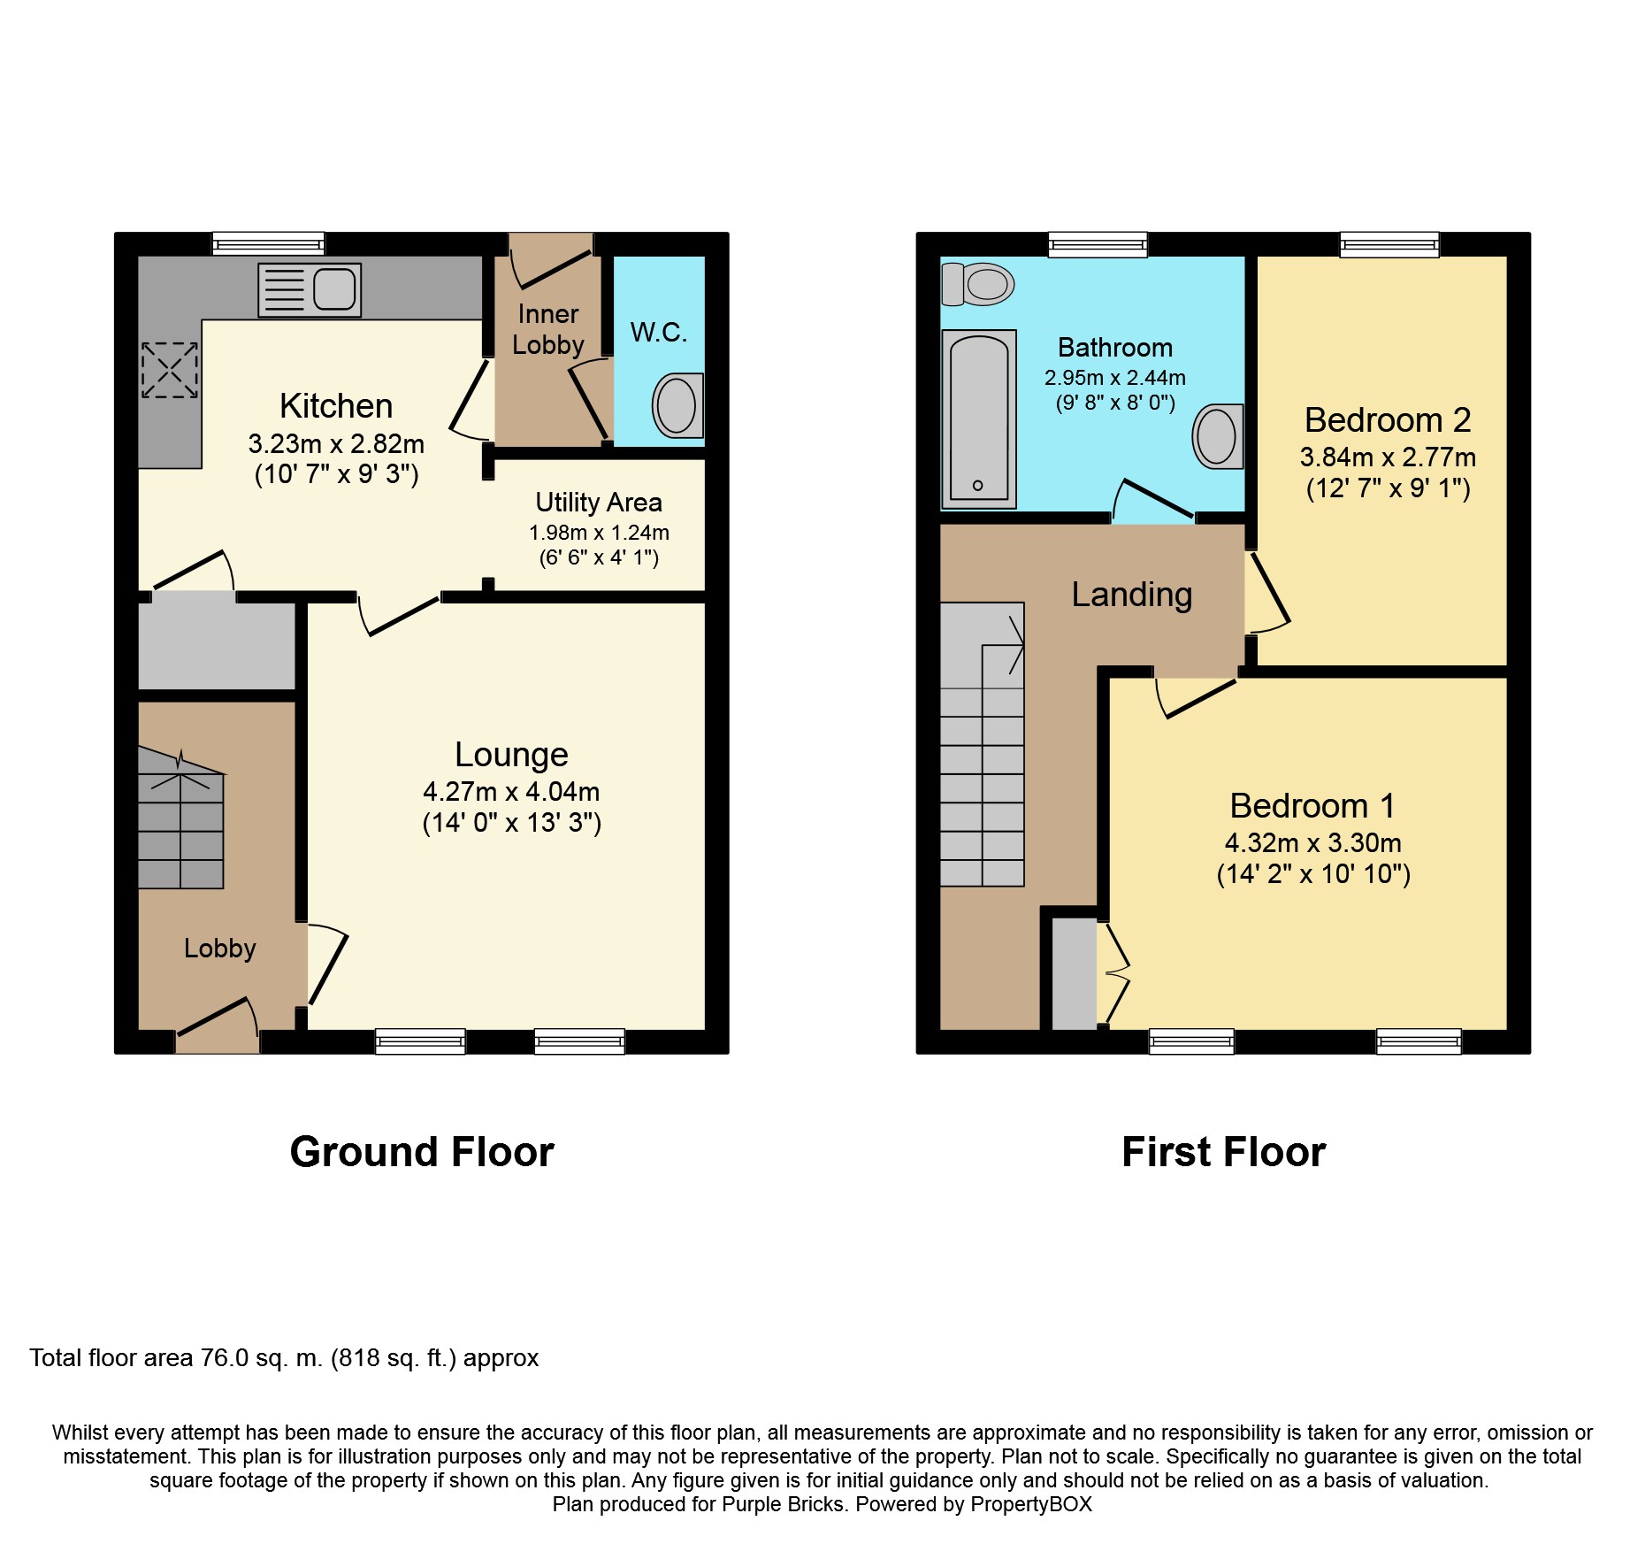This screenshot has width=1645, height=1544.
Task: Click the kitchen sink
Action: click(x=310, y=289)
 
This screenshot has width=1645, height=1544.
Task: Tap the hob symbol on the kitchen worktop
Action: click(x=170, y=370)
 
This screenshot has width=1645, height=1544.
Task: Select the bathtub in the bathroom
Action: click(x=979, y=419)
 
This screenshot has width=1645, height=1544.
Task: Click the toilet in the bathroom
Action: click(x=977, y=284)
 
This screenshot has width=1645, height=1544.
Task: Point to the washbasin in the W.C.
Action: click(x=678, y=405)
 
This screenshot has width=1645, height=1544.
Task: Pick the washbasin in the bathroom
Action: click(x=1218, y=436)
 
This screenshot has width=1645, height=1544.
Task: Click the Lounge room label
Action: click(x=511, y=755)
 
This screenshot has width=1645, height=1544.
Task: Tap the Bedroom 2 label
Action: click(x=1388, y=420)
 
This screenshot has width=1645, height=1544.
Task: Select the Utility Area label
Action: click(x=599, y=503)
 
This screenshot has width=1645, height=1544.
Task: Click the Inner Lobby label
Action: click(x=548, y=329)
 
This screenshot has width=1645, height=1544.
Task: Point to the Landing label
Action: click(x=1132, y=595)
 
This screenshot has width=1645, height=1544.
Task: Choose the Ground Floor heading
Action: click(x=422, y=1152)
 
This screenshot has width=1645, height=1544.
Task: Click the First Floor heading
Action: click(x=1224, y=1152)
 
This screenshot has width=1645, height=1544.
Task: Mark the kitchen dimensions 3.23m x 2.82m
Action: click(x=336, y=443)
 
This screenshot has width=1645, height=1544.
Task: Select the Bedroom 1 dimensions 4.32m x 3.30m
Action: click(x=1313, y=843)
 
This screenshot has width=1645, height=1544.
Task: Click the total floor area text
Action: click(x=284, y=1358)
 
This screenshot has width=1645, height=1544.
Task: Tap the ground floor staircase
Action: click(x=181, y=818)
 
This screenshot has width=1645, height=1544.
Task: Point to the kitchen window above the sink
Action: click(x=269, y=243)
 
